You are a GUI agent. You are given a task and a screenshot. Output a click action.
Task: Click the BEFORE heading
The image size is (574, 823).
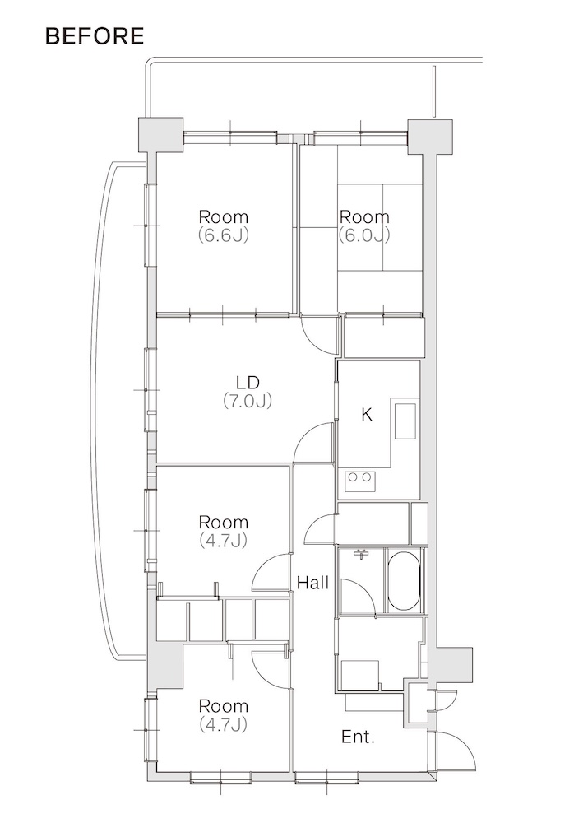(95, 35)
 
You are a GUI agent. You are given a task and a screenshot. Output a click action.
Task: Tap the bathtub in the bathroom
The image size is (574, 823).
(404, 580)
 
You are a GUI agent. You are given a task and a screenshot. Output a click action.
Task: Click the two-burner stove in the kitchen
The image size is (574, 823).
(360, 481)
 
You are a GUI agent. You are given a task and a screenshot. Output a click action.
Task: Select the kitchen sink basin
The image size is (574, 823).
(405, 421)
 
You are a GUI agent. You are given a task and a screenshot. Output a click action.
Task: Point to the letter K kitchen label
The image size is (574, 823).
(367, 415)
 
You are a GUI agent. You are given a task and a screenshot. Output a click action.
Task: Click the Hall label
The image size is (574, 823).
(312, 582)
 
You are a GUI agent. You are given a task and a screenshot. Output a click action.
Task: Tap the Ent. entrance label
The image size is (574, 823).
(358, 737)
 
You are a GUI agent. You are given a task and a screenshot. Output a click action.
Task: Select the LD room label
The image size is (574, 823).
(248, 383)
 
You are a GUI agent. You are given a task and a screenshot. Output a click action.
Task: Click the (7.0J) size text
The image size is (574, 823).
(248, 402)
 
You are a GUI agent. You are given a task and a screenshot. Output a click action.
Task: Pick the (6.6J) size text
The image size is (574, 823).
(223, 235)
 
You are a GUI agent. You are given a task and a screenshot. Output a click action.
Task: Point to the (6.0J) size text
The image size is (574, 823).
(364, 235)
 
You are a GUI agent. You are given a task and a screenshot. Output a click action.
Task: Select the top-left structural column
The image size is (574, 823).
(160, 135)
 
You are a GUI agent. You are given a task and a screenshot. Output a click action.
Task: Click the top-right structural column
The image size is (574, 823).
(430, 136)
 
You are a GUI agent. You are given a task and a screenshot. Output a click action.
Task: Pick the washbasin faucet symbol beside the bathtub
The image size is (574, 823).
(361, 554)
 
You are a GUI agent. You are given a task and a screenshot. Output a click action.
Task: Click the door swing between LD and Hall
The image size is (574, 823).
(313, 444)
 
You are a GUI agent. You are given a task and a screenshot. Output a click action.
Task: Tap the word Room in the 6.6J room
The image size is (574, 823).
(224, 216)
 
